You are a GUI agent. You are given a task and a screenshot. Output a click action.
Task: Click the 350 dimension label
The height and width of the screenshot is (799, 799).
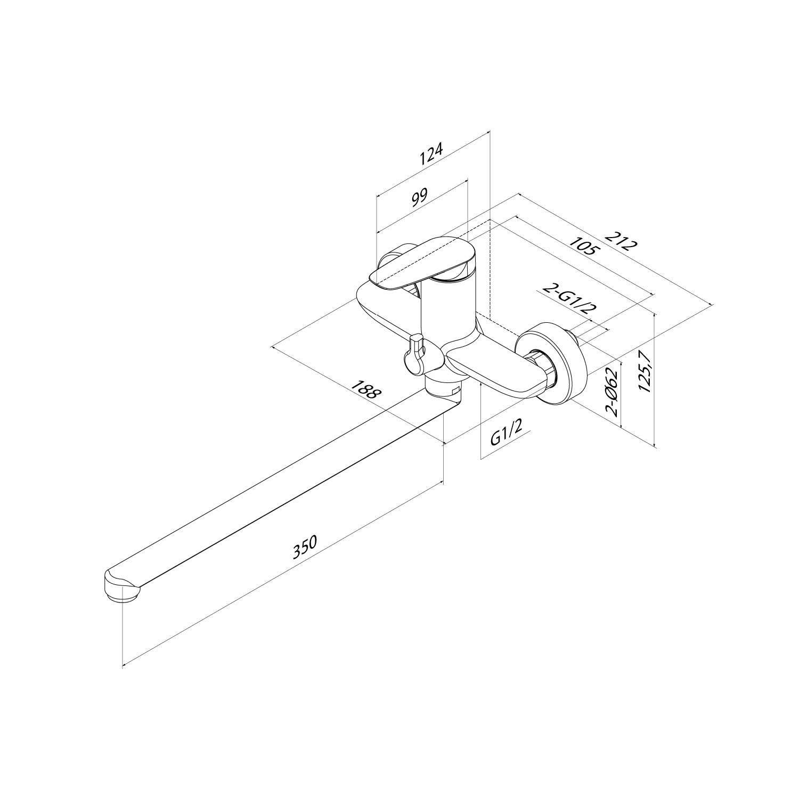pos(305,547)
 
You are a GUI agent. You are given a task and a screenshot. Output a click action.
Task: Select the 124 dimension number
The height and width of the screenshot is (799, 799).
pos(431,153)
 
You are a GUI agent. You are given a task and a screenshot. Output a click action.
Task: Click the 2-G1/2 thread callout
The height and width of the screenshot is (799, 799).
pos(568,299)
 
